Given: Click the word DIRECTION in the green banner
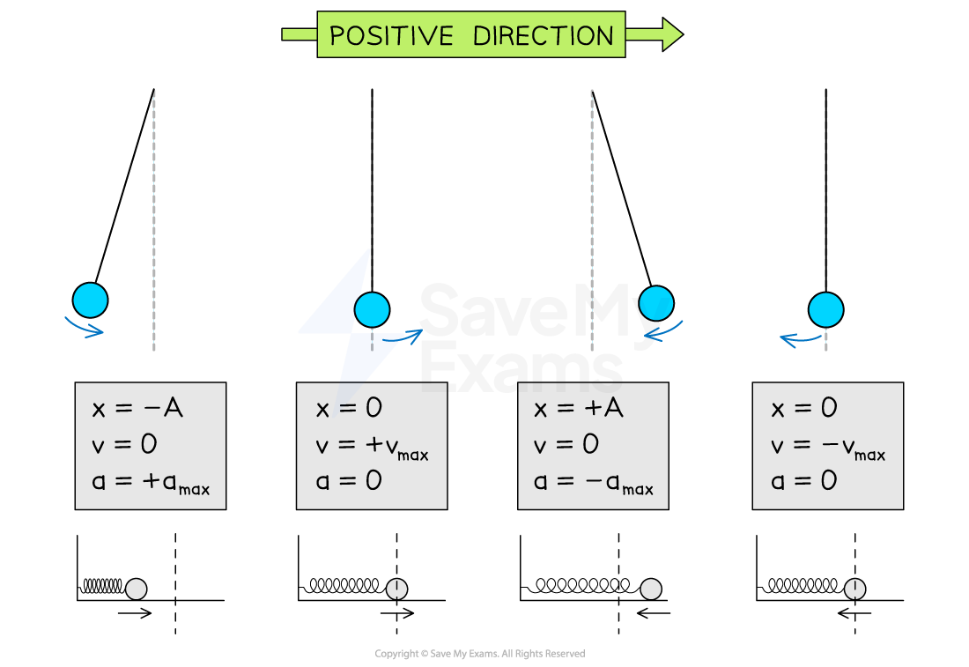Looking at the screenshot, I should coord(543,36).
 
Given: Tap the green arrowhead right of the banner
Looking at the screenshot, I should coord(671,34).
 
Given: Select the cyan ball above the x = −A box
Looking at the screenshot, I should coord(90,300).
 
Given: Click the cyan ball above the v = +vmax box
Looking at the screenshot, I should coord(372,309).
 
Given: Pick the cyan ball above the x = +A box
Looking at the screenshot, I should coord(656,304).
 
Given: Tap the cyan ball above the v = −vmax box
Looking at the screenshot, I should coord(826,309).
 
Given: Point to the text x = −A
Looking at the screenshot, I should coord(137,409).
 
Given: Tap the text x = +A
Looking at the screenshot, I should coord(578,409).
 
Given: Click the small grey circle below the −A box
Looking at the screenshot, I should coord(136,589).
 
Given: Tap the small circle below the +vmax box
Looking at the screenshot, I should coord(397,589).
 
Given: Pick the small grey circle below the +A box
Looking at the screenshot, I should coord(651,589).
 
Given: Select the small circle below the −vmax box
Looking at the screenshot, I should coord(854,589).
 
